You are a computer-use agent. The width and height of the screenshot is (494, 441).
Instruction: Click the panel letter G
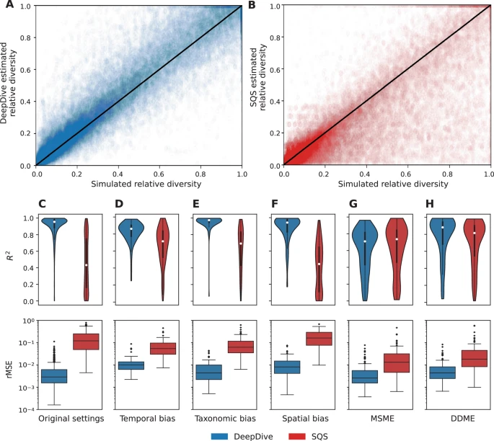pos(351,205)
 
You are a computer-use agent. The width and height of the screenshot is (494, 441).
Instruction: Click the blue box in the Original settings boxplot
pos(54,375)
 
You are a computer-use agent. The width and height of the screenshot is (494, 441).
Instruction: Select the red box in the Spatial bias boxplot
pos(319,339)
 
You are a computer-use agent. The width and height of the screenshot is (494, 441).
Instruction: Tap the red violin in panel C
pos(86,267)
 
